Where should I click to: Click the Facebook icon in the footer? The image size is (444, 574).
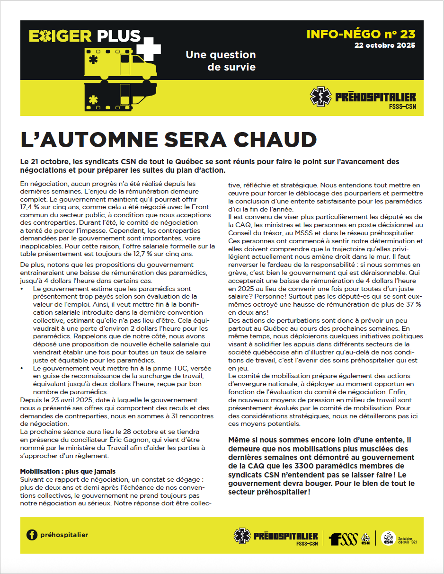(x=32, y=535)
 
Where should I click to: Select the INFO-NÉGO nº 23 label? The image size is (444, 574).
(x=361, y=34)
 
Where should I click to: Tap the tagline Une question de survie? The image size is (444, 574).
(x=221, y=61)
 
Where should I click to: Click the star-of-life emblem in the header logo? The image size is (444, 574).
(x=320, y=97)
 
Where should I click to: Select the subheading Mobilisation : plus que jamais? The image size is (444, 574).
(x=68, y=471)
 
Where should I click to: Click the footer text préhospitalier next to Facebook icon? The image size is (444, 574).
(x=64, y=535)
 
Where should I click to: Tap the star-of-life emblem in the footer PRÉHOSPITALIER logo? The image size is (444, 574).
(x=242, y=536)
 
